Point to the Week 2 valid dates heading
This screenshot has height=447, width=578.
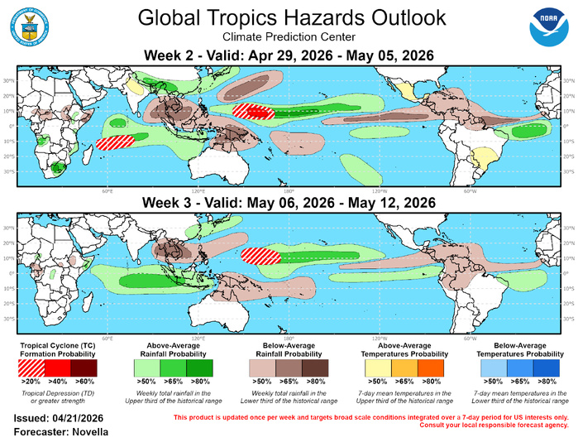(x=289, y=56)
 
